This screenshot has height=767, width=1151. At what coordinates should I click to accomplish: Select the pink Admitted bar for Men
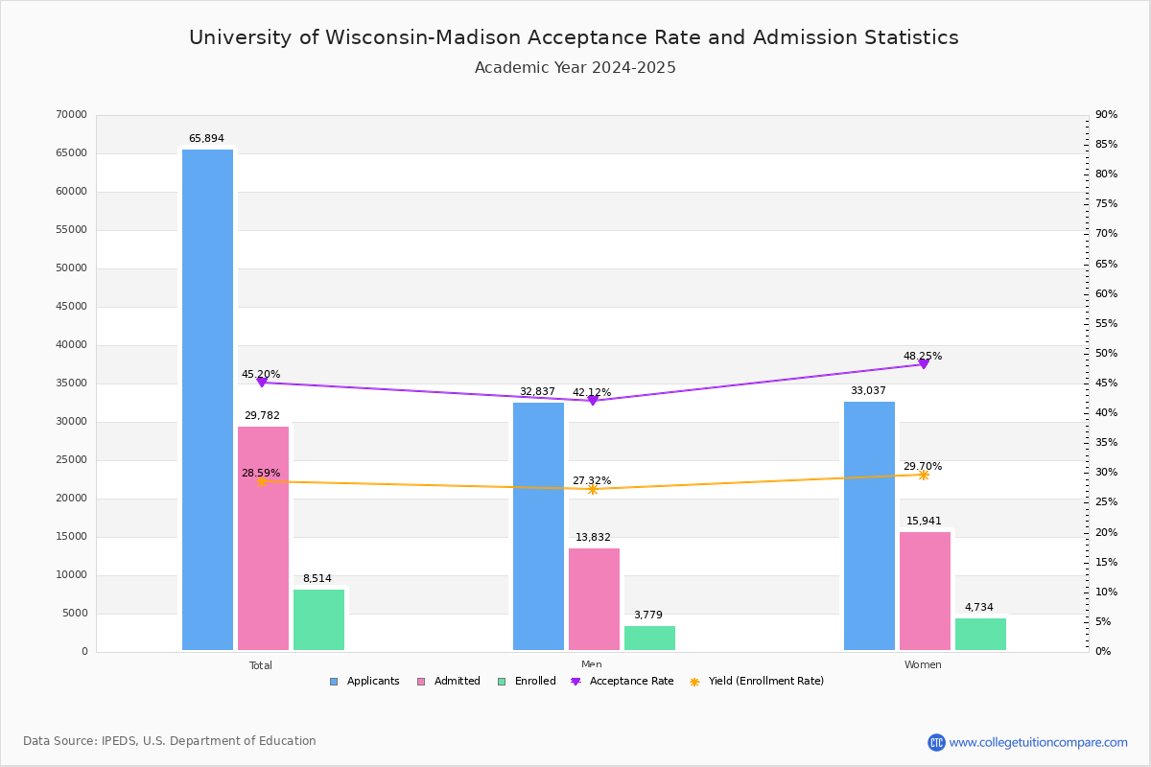594,599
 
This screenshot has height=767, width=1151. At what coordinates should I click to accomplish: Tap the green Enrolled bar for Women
980,634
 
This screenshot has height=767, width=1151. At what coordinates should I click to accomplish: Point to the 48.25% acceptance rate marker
924,363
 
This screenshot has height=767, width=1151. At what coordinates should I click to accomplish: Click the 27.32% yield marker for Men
593,489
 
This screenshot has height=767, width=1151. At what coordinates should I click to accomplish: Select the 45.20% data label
261,374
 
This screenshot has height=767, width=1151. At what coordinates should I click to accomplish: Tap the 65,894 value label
206,139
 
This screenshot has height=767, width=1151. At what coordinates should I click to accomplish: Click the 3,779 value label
648,616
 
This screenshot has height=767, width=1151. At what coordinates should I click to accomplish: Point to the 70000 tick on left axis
71,115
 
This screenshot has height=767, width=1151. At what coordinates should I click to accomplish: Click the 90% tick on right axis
1107,115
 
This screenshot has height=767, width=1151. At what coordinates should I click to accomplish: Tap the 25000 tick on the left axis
71,460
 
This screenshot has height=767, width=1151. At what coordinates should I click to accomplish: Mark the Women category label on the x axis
923,665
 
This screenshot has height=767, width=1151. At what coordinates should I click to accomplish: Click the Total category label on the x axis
261,665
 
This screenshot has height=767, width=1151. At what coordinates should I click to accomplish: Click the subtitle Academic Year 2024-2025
575,68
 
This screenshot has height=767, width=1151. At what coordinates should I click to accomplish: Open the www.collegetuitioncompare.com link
1038,742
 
